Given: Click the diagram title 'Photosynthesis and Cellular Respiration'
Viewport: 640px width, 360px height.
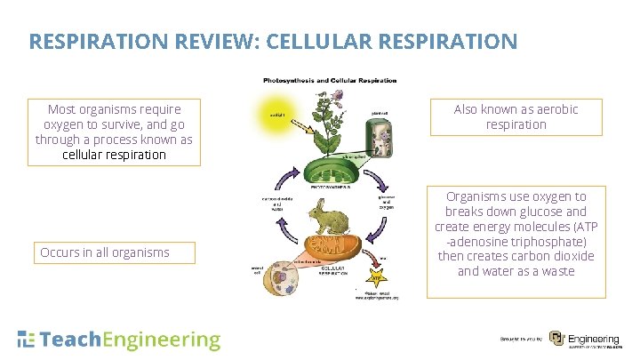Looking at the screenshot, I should pyautogui.click(x=330, y=81).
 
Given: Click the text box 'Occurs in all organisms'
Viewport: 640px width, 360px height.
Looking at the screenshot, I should pyautogui.click(x=105, y=252).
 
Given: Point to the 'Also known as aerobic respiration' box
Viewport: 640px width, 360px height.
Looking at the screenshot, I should pyautogui.click(x=516, y=116).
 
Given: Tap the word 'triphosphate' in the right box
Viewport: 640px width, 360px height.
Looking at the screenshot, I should pyautogui.click(x=555, y=242).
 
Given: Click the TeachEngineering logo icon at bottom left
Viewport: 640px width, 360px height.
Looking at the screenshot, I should pyautogui.click(x=27, y=339).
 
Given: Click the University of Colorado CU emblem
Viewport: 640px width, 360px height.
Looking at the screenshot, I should pyautogui.click(x=556, y=339).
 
